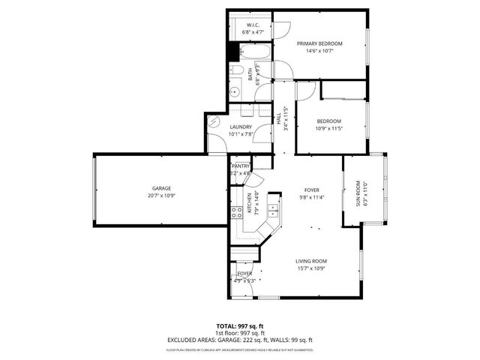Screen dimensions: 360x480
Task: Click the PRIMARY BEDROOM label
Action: (324, 43)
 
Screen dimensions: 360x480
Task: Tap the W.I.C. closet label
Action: (252, 25)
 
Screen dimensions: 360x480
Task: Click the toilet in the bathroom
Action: (235, 71)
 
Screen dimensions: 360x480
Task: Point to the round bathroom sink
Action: (235, 92)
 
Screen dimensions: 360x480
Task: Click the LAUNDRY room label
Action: (240, 127)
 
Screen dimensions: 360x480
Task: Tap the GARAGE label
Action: (162, 188)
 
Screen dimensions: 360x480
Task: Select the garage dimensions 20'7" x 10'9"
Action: (162, 196)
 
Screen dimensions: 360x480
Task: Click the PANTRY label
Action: (241, 166)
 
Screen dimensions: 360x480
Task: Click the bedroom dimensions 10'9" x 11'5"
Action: (328, 129)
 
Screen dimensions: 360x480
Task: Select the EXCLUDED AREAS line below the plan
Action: (239, 340)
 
